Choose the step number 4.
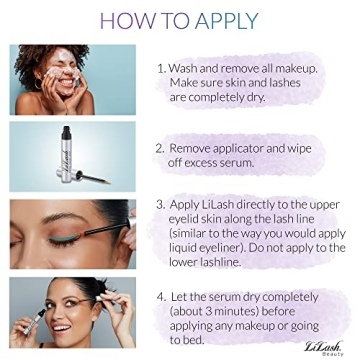click(x=161, y=296)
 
